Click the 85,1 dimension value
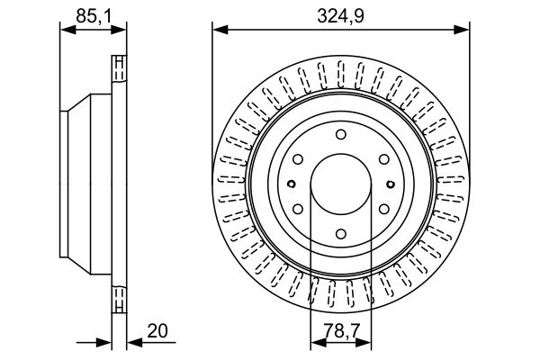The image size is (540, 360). click(x=94, y=16)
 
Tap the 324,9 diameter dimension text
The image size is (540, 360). click(x=340, y=16)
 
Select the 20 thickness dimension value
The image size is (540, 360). click(x=157, y=330)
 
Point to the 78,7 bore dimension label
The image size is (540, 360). click(x=342, y=330)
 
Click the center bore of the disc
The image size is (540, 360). click(x=341, y=184)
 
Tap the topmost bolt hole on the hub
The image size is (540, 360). click(x=341, y=134)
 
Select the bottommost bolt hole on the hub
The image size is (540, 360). click(x=341, y=234)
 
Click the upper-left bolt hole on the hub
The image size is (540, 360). click(x=298, y=159)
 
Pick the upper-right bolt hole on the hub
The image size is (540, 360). click(x=384, y=159)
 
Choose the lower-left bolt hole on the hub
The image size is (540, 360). click(x=298, y=209)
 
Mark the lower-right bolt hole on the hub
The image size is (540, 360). click(x=384, y=209)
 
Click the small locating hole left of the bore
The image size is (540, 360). click(x=292, y=184)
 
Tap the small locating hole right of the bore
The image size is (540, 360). click(x=391, y=184)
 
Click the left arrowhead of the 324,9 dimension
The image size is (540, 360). click(x=220, y=30)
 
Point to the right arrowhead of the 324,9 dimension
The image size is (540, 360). click(x=462, y=30)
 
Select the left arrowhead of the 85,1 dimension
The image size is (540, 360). click(x=67, y=30)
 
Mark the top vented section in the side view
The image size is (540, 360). click(x=119, y=69)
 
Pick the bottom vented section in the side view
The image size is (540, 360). click(x=119, y=299)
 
